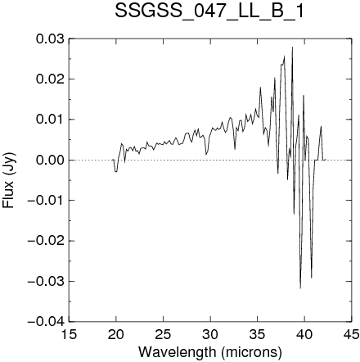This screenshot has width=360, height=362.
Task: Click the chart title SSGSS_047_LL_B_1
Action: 209,11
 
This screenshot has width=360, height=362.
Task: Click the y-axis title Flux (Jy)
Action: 8,180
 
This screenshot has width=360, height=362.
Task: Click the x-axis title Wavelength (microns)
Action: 210,352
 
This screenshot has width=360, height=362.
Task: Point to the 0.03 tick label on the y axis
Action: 50,38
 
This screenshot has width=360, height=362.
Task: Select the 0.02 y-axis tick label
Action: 50,79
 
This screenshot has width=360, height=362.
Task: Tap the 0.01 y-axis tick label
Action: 50,120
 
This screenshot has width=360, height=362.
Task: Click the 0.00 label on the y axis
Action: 50,160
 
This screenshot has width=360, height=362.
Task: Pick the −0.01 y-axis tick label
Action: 46,201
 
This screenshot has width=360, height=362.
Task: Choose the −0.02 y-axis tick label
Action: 46,241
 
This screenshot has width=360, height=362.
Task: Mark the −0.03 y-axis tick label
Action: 46,281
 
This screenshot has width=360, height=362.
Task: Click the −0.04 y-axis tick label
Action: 46,322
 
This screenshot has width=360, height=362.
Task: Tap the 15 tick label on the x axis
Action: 70,334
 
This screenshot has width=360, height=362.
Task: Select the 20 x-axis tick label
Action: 116,334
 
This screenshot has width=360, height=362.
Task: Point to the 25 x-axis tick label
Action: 163,334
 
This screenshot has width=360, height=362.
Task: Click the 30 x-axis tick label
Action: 210,334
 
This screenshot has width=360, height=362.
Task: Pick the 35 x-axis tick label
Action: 257,334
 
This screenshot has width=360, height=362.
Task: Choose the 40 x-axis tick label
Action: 304,334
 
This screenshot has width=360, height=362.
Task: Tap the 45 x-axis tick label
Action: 351,334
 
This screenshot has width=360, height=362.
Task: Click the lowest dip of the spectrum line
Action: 300,288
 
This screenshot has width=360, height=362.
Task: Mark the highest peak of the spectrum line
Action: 292,47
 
